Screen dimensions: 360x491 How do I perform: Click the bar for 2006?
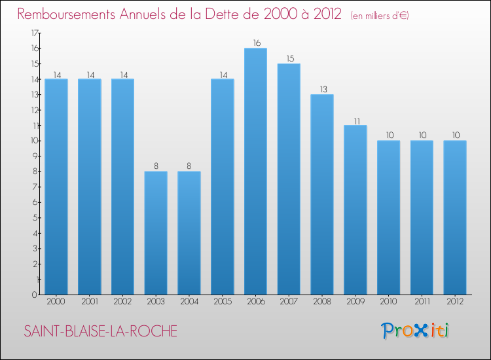tap(255, 171)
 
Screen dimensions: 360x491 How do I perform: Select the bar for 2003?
tap(156, 233)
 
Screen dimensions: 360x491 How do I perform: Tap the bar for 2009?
tap(355, 209)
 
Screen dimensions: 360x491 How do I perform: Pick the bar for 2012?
tap(454, 217)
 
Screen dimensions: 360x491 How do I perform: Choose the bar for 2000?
tap(56, 187)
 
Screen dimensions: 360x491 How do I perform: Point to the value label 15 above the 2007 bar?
tap(289, 58)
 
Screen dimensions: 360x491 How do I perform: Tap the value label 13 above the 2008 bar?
tap(322, 89)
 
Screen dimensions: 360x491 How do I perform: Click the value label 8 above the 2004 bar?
tap(189, 166)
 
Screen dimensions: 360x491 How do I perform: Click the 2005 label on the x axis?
tap(223, 302)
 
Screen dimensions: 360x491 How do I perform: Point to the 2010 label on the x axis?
tap(388, 302)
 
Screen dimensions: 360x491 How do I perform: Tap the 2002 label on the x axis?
tap(122, 302)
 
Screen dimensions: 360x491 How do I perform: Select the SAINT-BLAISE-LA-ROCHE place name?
tap(100, 331)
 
